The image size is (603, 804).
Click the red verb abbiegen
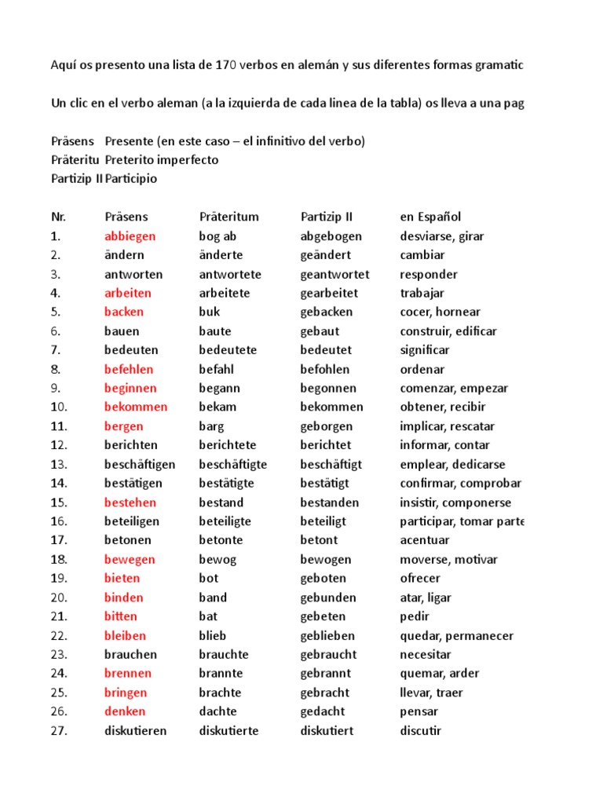pyautogui.click(x=130, y=236)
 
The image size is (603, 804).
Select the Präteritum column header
pyautogui.click(x=228, y=217)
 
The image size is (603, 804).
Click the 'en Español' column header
pyautogui.click(x=430, y=217)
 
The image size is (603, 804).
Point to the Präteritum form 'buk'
pyautogui.click(x=210, y=312)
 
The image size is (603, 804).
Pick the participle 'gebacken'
pyautogui.click(x=327, y=312)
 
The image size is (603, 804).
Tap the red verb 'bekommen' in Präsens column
pyautogui.click(x=136, y=407)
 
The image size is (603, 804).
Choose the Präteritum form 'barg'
pyautogui.click(x=211, y=426)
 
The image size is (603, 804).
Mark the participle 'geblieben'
pyautogui.click(x=327, y=635)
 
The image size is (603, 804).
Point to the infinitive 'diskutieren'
pyautogui.click(x=136, y=731)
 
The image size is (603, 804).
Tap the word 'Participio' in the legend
pyautogui.click(x=130, y=178)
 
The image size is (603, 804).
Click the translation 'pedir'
pyautogui.click(x=415, y=616)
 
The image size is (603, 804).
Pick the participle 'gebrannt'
pyautogui.click(x=325, y=673)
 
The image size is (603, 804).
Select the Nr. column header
pyautogui.click(x=58, y=217)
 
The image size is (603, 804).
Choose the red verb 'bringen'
pyautogui.click(x=126, y=693)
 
